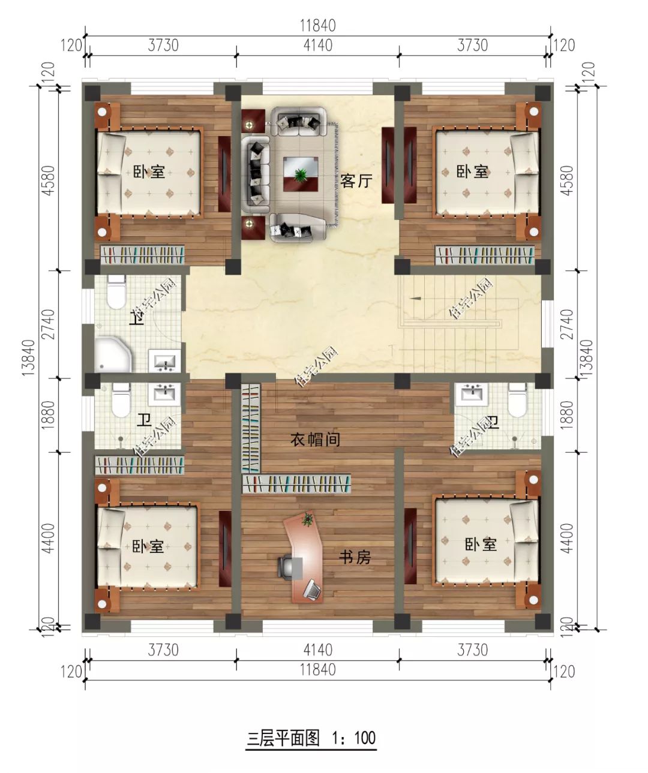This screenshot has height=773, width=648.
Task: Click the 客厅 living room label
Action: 356,181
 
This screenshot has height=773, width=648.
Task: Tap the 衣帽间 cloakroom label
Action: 316,440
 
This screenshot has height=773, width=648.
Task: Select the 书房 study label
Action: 355,557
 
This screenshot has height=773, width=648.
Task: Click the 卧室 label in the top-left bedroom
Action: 149,172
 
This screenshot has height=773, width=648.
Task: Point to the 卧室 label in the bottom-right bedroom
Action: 481,545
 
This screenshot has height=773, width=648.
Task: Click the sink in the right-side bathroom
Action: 473,394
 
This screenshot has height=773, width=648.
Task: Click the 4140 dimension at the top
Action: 317,45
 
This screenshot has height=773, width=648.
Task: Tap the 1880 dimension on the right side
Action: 568,414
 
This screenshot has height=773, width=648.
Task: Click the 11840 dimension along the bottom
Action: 317,669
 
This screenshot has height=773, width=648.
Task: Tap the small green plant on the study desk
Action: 308,519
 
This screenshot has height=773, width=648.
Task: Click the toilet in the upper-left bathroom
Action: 114,291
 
